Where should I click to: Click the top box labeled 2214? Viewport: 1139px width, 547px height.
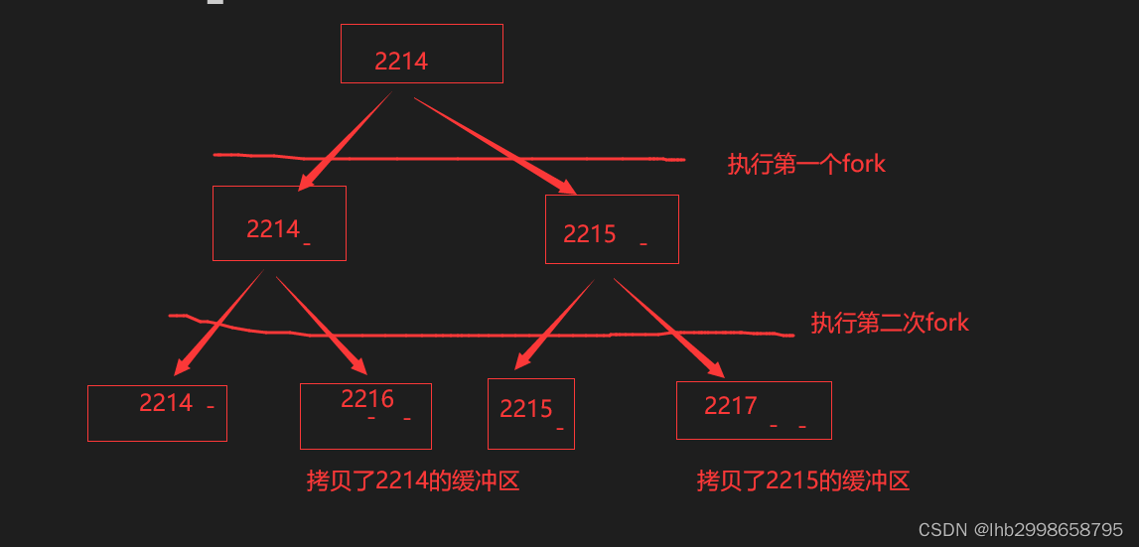pyautogui.click(x=421, y=54)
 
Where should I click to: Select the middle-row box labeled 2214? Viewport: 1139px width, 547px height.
pyautogui.click(x=279, y=223)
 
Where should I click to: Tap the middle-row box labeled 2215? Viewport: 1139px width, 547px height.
pyautogui.click(x=612, y=229)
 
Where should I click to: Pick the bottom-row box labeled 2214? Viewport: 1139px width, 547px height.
pyautogui.click(x=157, y=413)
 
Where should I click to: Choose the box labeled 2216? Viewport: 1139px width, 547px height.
pyautogui.click(x=365, y=416)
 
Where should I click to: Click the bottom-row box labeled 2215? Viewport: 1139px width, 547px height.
pyautogui.click(x=530, y=413)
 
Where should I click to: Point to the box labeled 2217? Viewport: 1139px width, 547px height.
pyautogui.click(x=754, y=410)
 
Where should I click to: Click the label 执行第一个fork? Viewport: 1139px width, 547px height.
pyautogui.click(x=805, y=164)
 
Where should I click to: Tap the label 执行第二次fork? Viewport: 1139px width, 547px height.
pyautogui.click(x=890, y=323)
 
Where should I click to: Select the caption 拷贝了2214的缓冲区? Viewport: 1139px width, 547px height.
pyautogui.click(x=413, y=481)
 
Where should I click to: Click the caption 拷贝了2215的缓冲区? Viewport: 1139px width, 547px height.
pyautogui.click(x=803, y=481)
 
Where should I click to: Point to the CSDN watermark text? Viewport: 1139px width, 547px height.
pyautogui.click(x=1021, y=530)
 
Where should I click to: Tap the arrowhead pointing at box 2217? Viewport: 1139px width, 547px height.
pyautogui.click(x=715, y=368)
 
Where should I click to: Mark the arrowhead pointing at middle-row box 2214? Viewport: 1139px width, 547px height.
pyautogui.click(x=307, y=180)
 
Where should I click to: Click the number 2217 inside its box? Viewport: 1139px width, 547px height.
pyautogui.click(x=731, y=405)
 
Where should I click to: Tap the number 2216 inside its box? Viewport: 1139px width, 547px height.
pyautogui.click(x=367, y=399)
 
